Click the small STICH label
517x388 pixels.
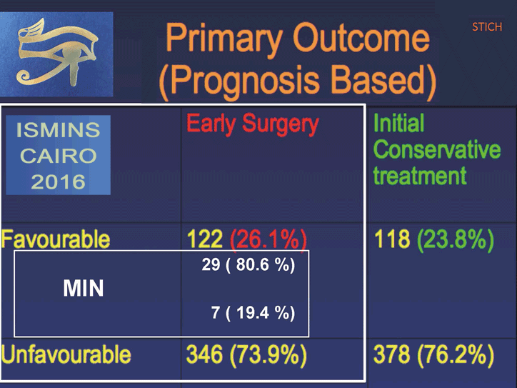pos(487,26)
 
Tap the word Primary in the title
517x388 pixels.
pos(224,39)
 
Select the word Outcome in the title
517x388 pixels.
pos(362,38)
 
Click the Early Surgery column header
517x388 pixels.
pos(253,124)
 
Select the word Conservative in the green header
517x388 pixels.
pos(437,149)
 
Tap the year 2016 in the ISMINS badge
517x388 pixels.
pos(59,181)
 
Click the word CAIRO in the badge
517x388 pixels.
pos(59,156)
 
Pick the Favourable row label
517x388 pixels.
pos(56,239)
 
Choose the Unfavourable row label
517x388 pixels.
pos(66,354)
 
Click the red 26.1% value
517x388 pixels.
pos(268,239)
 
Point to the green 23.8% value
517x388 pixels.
pos(456,239)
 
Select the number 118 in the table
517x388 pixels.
pos(392,239)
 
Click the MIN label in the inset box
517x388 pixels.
pos(84,289)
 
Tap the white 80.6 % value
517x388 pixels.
pos(261,265)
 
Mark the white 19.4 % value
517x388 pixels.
pos(261,312)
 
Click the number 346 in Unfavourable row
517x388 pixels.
pos(204,354)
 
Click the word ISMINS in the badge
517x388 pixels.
pos(59,130)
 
